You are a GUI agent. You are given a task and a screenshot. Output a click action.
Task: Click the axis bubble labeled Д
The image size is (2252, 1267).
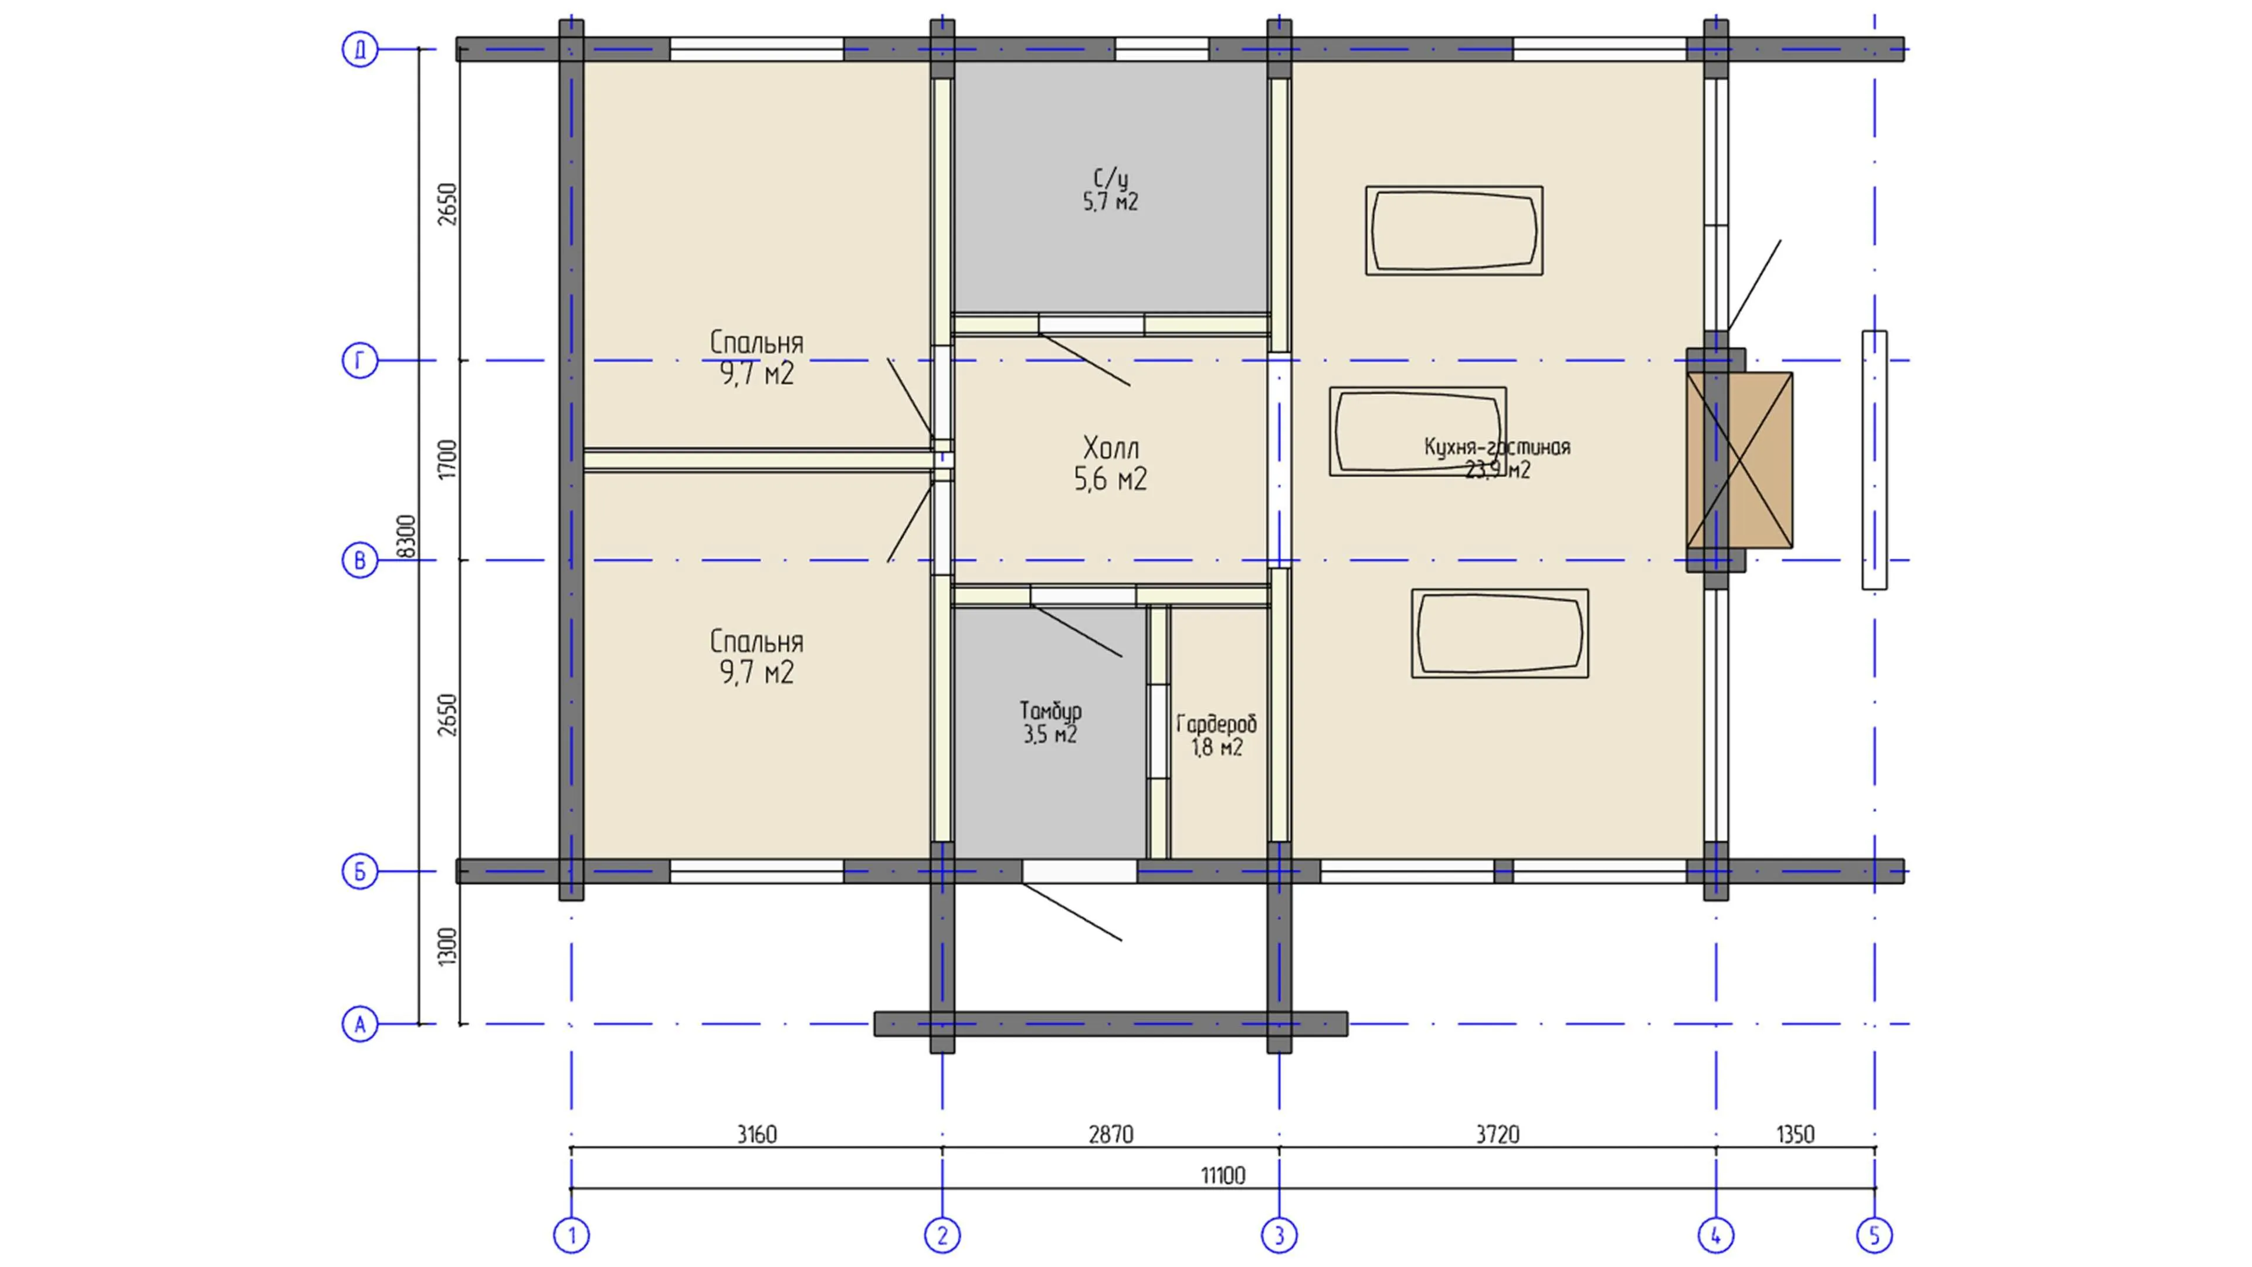(x=359, y=49)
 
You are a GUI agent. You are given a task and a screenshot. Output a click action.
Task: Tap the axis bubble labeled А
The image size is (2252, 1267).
(x=359, y=1024)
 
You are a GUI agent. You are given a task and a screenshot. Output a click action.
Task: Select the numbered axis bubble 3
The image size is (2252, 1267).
(x=1279, y=1235)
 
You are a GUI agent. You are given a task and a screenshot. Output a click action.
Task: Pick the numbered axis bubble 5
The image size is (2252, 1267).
(x=1874, y=1235)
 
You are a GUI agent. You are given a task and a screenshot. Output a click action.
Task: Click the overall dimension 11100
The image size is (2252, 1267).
(x=1222, y=1175)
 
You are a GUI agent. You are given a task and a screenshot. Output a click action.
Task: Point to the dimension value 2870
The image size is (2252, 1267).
(x=1110, y=1134)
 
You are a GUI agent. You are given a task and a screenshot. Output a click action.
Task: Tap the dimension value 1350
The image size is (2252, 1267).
(x=1795, y=1134)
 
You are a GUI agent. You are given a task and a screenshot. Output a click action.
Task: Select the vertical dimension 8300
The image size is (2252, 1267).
(x=406, y=536)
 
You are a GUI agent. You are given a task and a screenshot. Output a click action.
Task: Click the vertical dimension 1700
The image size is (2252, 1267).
(x=447, y=459)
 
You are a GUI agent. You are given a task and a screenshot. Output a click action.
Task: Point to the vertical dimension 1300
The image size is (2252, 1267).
(x=447, y=947)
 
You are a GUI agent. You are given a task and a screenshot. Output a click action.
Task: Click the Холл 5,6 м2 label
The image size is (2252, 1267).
(x=1110, y=463)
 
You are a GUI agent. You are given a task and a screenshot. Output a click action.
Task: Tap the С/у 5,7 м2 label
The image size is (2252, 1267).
(x=1110, y=189)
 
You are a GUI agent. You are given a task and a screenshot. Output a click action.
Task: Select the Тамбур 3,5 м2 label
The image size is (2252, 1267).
(x=1050, y=722)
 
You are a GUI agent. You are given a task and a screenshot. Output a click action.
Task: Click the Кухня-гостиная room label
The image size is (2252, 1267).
(x=1497, y=458)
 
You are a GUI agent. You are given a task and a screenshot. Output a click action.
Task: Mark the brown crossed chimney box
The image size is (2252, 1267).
(x=1739, y=460)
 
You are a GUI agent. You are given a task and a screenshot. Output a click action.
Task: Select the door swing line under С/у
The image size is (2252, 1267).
(x=1084, y=360)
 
